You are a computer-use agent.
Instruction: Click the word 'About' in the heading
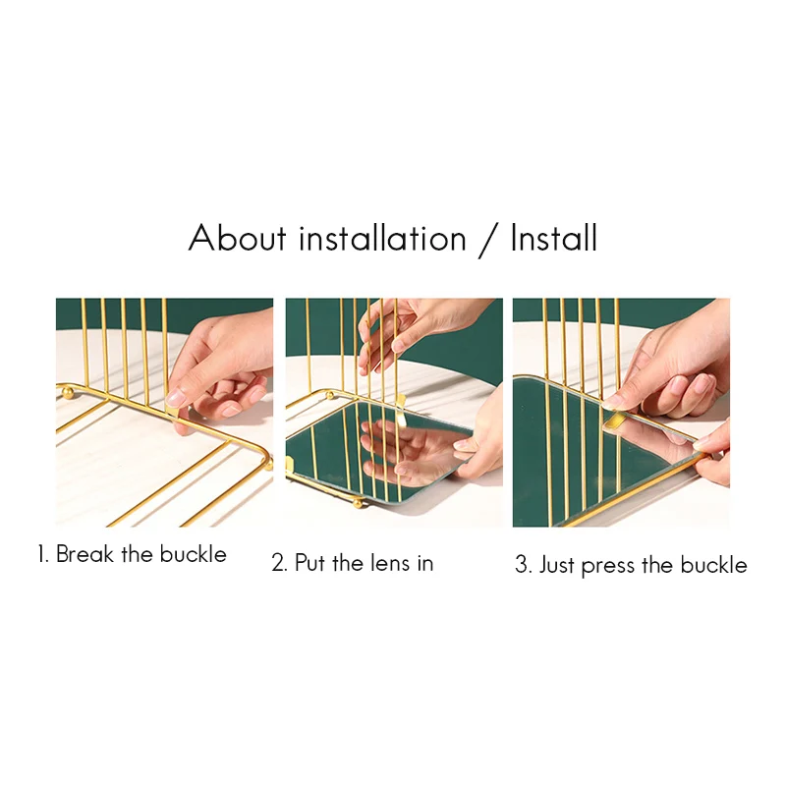pos(237,238)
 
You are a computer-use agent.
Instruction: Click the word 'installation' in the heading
pos(382,238)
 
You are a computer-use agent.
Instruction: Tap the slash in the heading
pos(488,240)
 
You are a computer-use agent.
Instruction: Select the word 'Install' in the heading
pos(554,238)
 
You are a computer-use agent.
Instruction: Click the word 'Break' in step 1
pos(84,554)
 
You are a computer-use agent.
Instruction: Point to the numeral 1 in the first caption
pos(42,554)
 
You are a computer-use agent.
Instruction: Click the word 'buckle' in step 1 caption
pos(193,554)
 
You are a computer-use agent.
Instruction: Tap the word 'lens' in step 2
pos(390,563)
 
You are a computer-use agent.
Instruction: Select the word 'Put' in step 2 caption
pos(309,563)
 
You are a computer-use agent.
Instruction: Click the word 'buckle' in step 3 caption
pos(714,565)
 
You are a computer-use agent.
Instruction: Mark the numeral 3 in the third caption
pos(523,565)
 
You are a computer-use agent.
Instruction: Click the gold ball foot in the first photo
pos(68,391)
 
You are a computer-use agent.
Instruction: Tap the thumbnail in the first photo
pos(176,398)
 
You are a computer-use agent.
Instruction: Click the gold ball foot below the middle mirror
pos(358,502)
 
